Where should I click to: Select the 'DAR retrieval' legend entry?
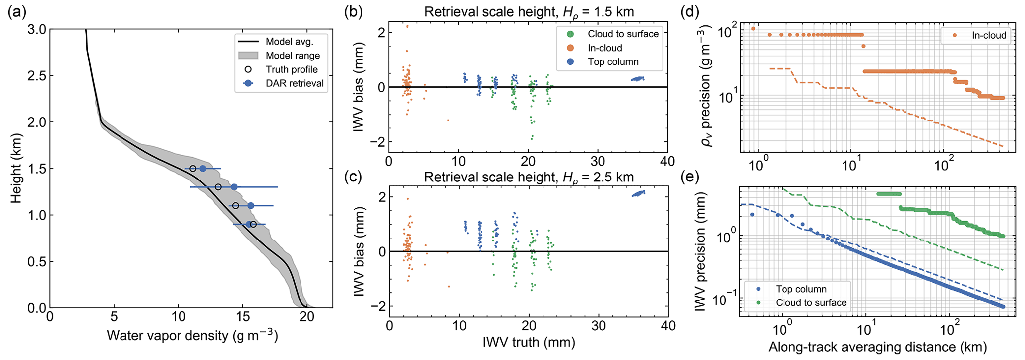(295, 83)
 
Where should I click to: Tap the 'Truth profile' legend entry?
(292, 69)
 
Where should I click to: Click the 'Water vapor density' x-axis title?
(192, 336)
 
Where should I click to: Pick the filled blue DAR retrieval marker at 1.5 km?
(203, 169)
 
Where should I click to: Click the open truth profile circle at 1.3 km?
(218, 187)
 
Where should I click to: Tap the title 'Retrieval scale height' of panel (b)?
(529, 12)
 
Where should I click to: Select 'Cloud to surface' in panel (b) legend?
(623, 34)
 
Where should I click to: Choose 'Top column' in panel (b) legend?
(613, 62)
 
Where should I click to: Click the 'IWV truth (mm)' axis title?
(529, 342)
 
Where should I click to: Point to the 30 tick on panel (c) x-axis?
(599, 326)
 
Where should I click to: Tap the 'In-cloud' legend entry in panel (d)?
(989, 35)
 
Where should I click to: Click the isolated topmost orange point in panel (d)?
(753, 28)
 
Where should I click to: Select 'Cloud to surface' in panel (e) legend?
(811, 302)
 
